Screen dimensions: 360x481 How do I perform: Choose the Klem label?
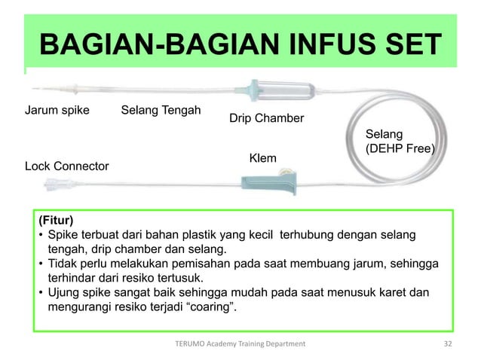pyautogui.click(x=262, y=158)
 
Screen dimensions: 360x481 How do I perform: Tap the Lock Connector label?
pyautogui.click(x=67, y=165)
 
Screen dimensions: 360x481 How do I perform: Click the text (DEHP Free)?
pyautogui.click(x=400, y=149)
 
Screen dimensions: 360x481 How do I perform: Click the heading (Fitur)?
pyautogui.click(x=55, y=221)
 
